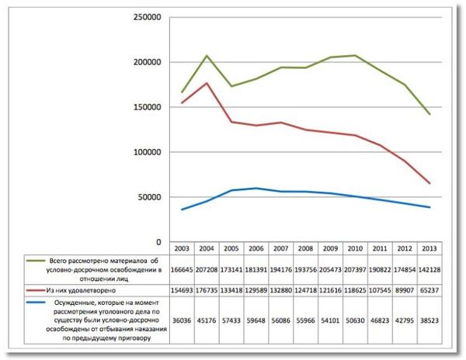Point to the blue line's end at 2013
429,207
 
